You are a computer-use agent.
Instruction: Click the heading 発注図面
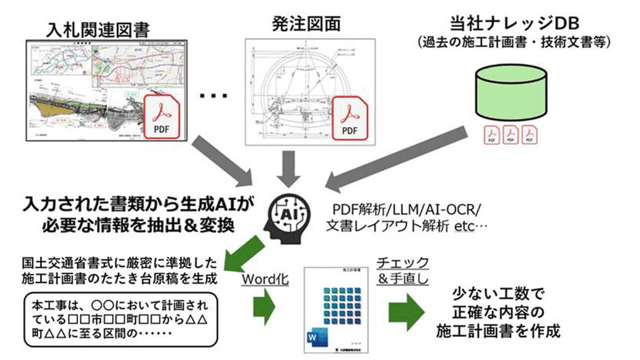[306, 23]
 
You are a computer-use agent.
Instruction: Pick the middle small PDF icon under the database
[510, 135]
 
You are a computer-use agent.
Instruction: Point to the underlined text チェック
[402, 262]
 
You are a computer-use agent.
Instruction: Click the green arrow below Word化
[265, 306]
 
